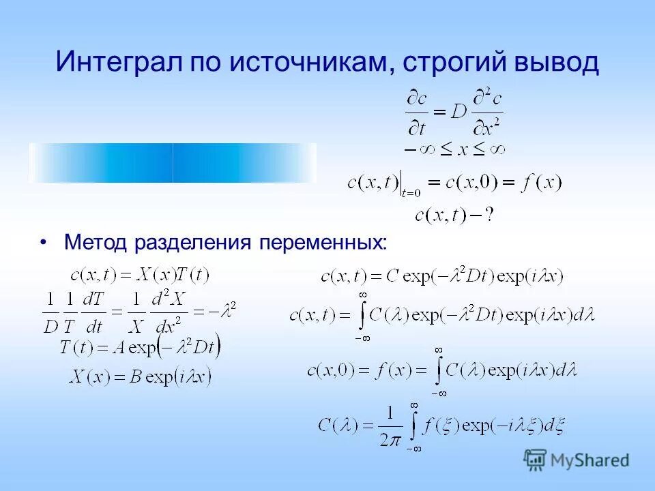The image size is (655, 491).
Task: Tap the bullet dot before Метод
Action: click(44, 243)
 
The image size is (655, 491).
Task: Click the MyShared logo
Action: click(577, 460)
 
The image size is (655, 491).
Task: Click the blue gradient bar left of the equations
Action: click(173, 163)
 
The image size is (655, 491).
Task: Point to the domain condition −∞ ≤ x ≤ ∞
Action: click(454, 147)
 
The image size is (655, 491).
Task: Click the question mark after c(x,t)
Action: click(489, 215)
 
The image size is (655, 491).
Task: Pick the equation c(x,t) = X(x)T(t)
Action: click(140, 275)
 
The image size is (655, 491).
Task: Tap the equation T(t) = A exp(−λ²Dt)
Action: click(140, 346)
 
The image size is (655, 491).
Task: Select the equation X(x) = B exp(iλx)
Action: click(140, 376)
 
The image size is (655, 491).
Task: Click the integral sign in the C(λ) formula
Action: click(413, 425)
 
